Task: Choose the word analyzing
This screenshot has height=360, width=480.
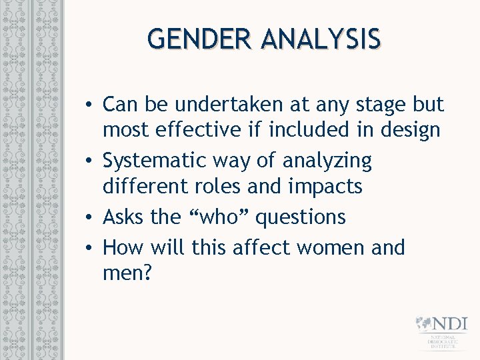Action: [x=327, y=161]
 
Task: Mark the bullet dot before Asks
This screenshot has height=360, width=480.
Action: [x=89, y=217]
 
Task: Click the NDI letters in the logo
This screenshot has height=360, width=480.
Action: [x=449, y=325]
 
